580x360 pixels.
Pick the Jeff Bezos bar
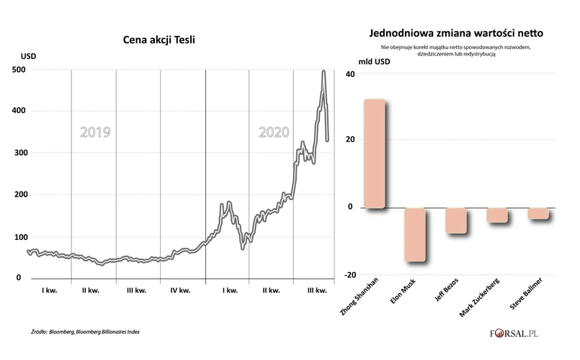pyautogui.click(x=456, y=220)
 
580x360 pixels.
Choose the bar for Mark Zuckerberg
pyautogui.click(x=497, y=215)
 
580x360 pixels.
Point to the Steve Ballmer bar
pyautogui.click(x=538, y=213)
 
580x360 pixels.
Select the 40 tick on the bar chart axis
pyautogui.click(x=351, y=74)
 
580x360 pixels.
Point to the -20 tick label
pyautogui.click(x=349, y=275)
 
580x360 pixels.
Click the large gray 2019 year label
pyautogui.click(x=95, y=132)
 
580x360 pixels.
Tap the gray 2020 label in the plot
pyautogui.click(x=274, y=132)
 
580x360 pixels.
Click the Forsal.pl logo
pyautogui.click(x=522, y=333)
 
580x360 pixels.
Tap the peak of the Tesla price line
pyautogui.click(x=324, y=71)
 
